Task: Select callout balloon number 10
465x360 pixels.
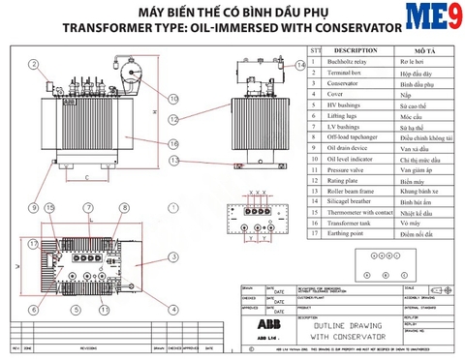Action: (x=173, y=98)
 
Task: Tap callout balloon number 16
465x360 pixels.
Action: (x=173, y=144)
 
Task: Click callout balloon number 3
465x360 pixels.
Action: (x=173, y=256)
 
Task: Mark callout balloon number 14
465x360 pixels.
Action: (x=301, y=65)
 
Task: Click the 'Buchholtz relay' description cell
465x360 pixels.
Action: (x=347, y=60)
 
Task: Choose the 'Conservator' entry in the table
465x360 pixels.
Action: (x=340, y=84)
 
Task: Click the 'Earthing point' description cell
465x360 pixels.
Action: (x=344, y=233)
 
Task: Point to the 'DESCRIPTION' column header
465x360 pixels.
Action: (x=354, y=48)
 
